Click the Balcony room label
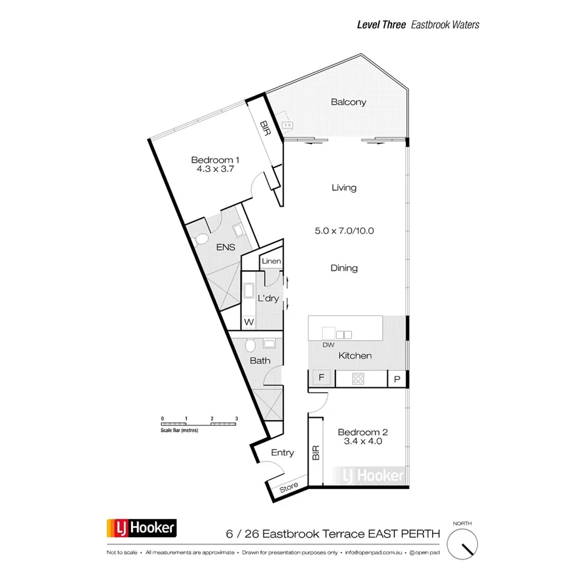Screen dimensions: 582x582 point(348,102)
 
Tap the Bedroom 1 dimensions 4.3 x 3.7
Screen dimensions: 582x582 point(215,169)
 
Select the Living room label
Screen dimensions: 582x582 point(344,187)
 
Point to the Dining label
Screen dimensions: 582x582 point(344,268)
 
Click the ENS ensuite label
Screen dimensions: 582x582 point(226,247)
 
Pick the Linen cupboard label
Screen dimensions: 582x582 point(272,261)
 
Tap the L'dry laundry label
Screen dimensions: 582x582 point(268,298)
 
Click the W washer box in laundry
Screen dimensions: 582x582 point(249,322)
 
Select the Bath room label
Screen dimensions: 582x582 point(260,360)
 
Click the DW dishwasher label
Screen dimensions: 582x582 point(328,345)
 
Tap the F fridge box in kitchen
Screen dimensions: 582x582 point(322,378)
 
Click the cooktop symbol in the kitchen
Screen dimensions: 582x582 point(359,378)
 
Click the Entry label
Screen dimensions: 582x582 point(282,453)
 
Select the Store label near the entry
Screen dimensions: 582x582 point(289,488)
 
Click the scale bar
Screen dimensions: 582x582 point(199,424)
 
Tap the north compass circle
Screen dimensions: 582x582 point(464,541)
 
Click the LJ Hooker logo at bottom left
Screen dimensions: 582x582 point(142,530)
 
